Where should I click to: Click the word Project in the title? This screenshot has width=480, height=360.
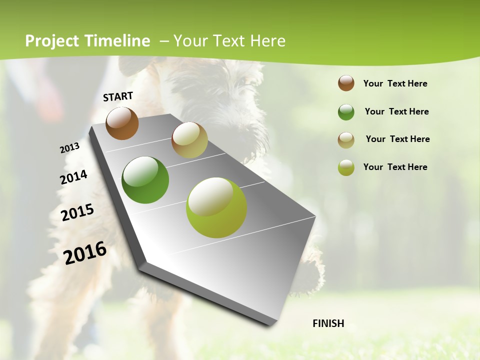[x=52, y=41]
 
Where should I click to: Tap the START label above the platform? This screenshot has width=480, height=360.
[x=118, y=96]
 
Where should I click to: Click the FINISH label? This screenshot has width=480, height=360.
[x=328, y=323]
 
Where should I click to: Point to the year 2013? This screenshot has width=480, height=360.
[x=69, y=148]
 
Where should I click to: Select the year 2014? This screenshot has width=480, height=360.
[x=73, y=177]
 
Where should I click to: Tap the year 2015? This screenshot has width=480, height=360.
[x=77, y=212]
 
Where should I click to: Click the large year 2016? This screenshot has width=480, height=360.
[x=85, y=253]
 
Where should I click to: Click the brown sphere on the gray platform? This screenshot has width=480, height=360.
[x=122, y=123]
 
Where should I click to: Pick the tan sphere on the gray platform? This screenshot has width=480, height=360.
[x=189, y=140]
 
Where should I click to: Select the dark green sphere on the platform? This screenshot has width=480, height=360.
[x=145, y=180]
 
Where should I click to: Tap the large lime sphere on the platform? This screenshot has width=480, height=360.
[x=216, y=207]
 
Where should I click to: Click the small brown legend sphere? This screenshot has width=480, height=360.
[x=346, y=83]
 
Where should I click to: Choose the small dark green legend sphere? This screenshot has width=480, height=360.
[x=346, y=112]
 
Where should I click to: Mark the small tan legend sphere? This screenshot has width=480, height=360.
[x=346, y=140]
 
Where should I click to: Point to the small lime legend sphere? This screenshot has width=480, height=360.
[x=346, y=167]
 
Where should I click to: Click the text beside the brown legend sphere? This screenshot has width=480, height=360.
[x=395, y=83]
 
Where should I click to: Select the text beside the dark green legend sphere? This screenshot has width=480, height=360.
[x=396, y=111]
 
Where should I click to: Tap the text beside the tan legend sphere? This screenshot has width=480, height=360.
[x=397, y=139]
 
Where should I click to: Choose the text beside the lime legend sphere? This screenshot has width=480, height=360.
[x=395, y=167]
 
